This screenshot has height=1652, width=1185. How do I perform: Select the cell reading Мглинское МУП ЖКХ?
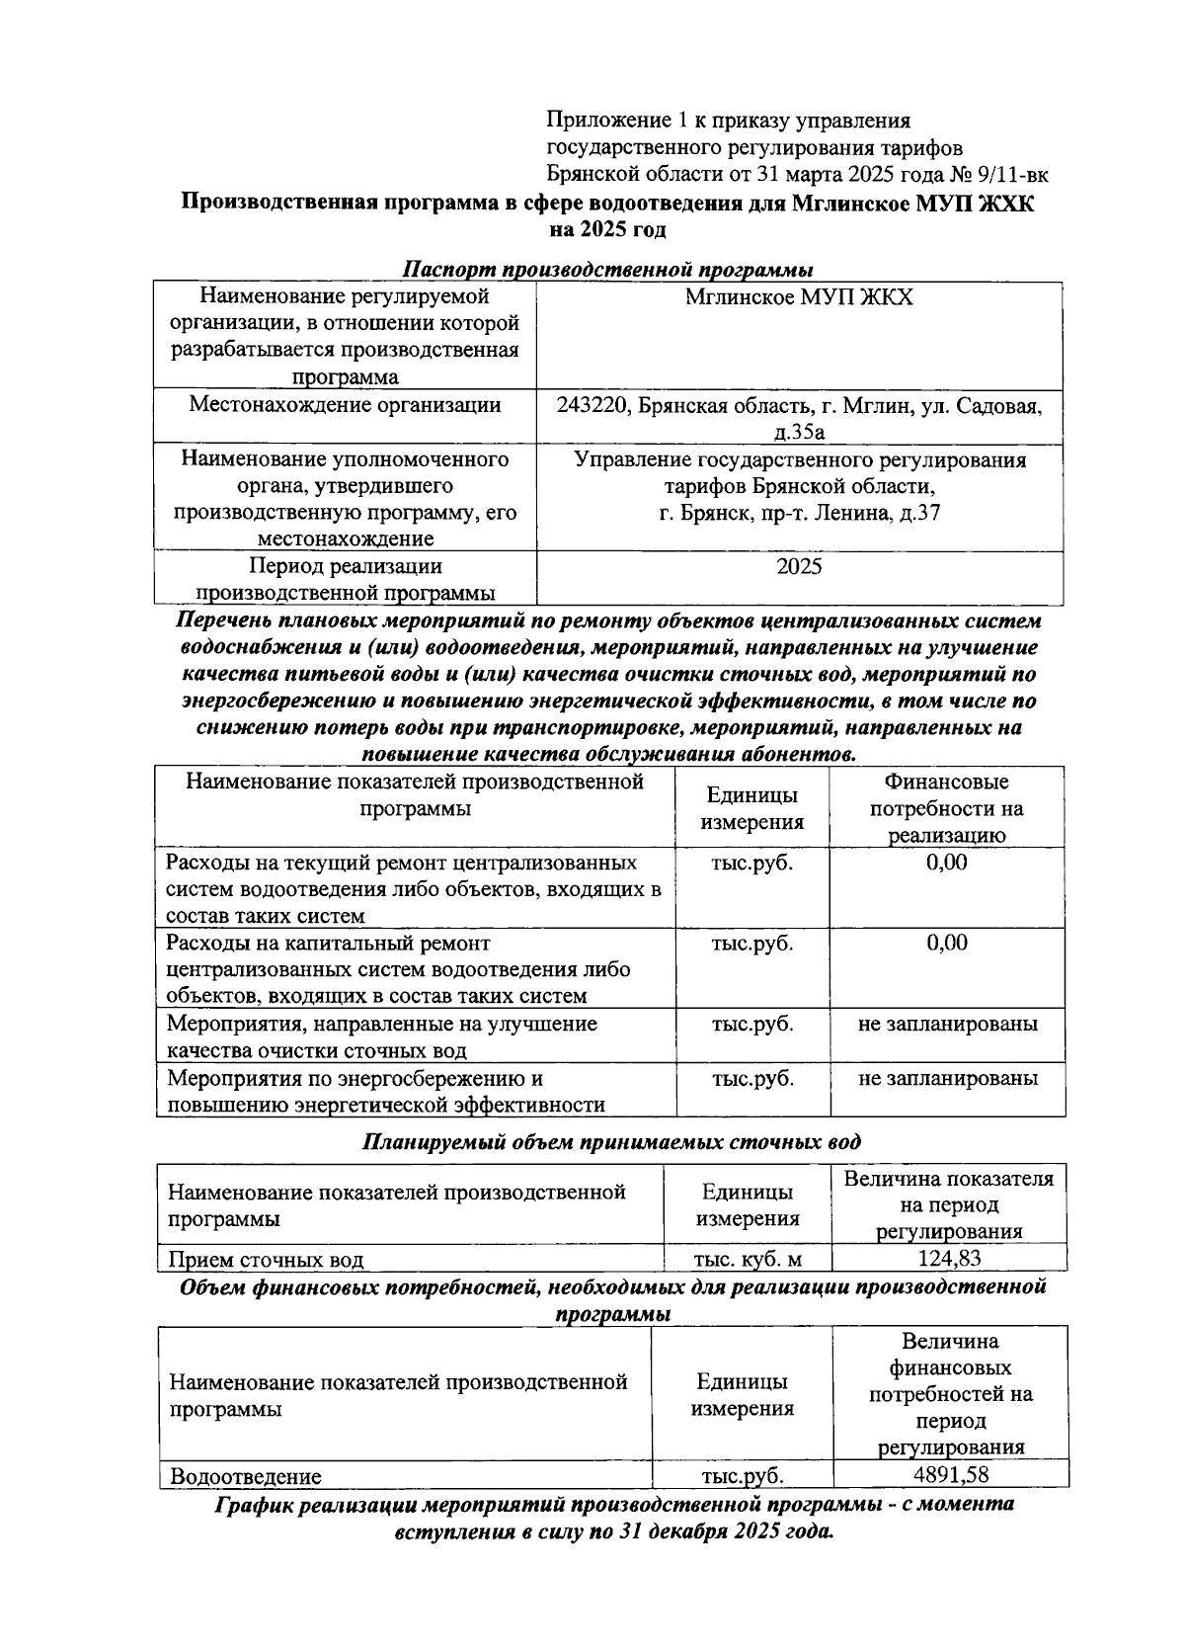(x=799, y=297)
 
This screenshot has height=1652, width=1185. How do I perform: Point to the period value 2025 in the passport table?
(x=799, y=567)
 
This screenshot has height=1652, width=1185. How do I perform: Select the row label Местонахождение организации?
(x=345, y=405)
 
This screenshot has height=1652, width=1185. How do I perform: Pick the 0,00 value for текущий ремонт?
(x=946, y=863)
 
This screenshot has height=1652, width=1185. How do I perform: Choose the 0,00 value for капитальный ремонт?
(x=946, y=943)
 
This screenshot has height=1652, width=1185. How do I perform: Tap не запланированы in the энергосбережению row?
(x=947, y=1078)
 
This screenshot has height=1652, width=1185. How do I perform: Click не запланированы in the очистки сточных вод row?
(x=947, y=1024)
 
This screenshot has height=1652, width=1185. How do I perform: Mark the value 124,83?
(x=948, y=1259)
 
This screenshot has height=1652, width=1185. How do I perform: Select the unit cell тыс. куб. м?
(x=747, y=1260)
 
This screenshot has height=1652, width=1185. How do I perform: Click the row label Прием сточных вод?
(x=267, y=1260)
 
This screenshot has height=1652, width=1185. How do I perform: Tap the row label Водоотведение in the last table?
(x=246, y=1477)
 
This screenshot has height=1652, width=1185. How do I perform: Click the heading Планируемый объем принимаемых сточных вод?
(x=611, y=1142)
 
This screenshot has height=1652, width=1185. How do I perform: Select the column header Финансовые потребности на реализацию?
(x=946, y=808)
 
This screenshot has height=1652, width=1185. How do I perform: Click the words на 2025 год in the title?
(x=607, y=230)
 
